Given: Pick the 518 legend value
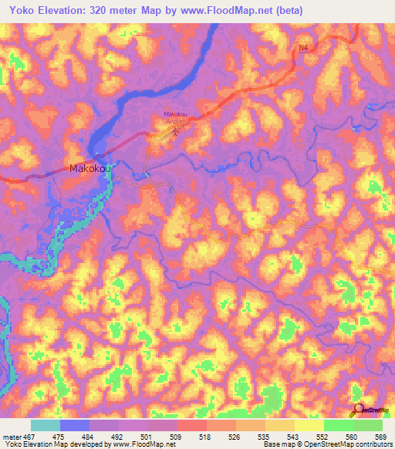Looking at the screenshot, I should pos(206,437).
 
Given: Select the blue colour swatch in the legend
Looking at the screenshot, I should pos(74,425).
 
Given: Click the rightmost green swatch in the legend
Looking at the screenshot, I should pos(367,425).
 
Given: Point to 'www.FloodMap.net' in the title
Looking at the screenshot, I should pos(229,11).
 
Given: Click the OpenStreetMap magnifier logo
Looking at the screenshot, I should pos(358,410).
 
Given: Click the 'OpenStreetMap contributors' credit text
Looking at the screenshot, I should pos(347,445).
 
